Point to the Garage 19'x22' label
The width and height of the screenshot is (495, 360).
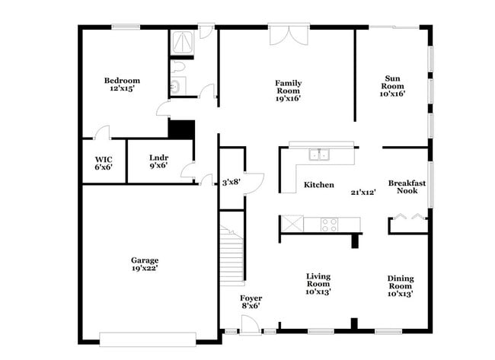144,263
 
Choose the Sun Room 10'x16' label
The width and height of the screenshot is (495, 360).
393,85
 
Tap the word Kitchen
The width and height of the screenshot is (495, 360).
319,185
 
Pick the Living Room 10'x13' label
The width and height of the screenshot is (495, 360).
318,283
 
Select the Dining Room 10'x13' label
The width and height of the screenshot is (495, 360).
401,285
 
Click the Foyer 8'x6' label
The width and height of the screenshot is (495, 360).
251,301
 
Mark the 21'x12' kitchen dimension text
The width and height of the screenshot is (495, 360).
363,193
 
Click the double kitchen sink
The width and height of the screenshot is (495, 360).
319,155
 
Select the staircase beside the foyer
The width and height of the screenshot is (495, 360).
232,253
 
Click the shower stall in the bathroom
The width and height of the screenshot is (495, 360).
182,42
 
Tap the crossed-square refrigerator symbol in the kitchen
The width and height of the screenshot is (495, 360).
291,224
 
